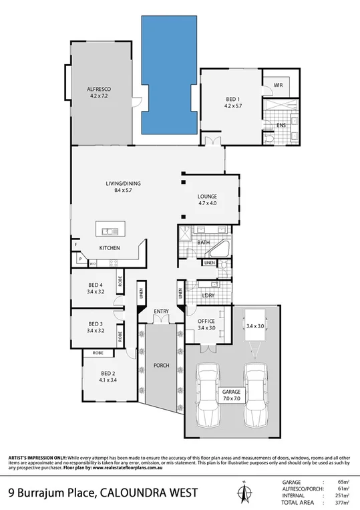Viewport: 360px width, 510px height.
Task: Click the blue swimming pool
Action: click(x=170, y=74)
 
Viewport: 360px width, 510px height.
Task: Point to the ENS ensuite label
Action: click(x=281, y=125)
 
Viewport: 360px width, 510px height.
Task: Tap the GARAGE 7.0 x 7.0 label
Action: click(x=231, y=394)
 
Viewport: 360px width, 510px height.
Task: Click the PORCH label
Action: click(x=160, y=366)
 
